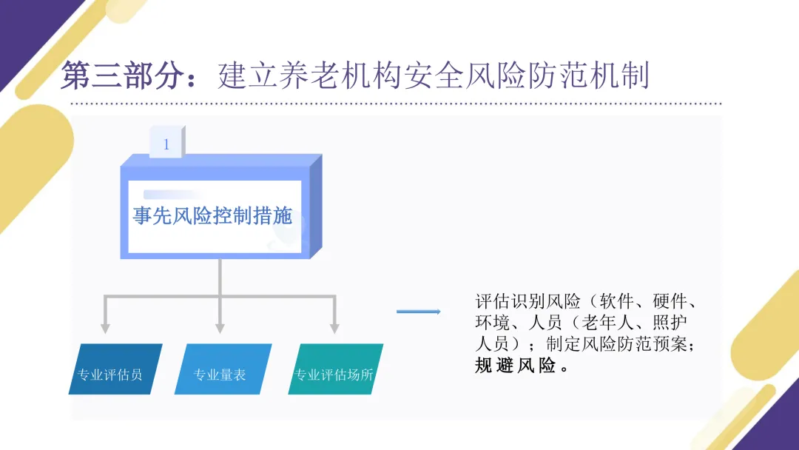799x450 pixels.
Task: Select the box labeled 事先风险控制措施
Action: click(213, 215)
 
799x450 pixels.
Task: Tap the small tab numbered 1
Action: click(166, 144)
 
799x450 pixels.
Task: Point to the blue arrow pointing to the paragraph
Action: click(418, 312)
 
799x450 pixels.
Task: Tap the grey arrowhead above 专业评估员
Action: click(105, 326)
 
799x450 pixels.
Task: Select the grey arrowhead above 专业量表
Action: click(220, 326)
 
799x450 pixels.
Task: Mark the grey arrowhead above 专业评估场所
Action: click(334, 326)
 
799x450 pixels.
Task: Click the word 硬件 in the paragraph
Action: click(670, 302)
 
